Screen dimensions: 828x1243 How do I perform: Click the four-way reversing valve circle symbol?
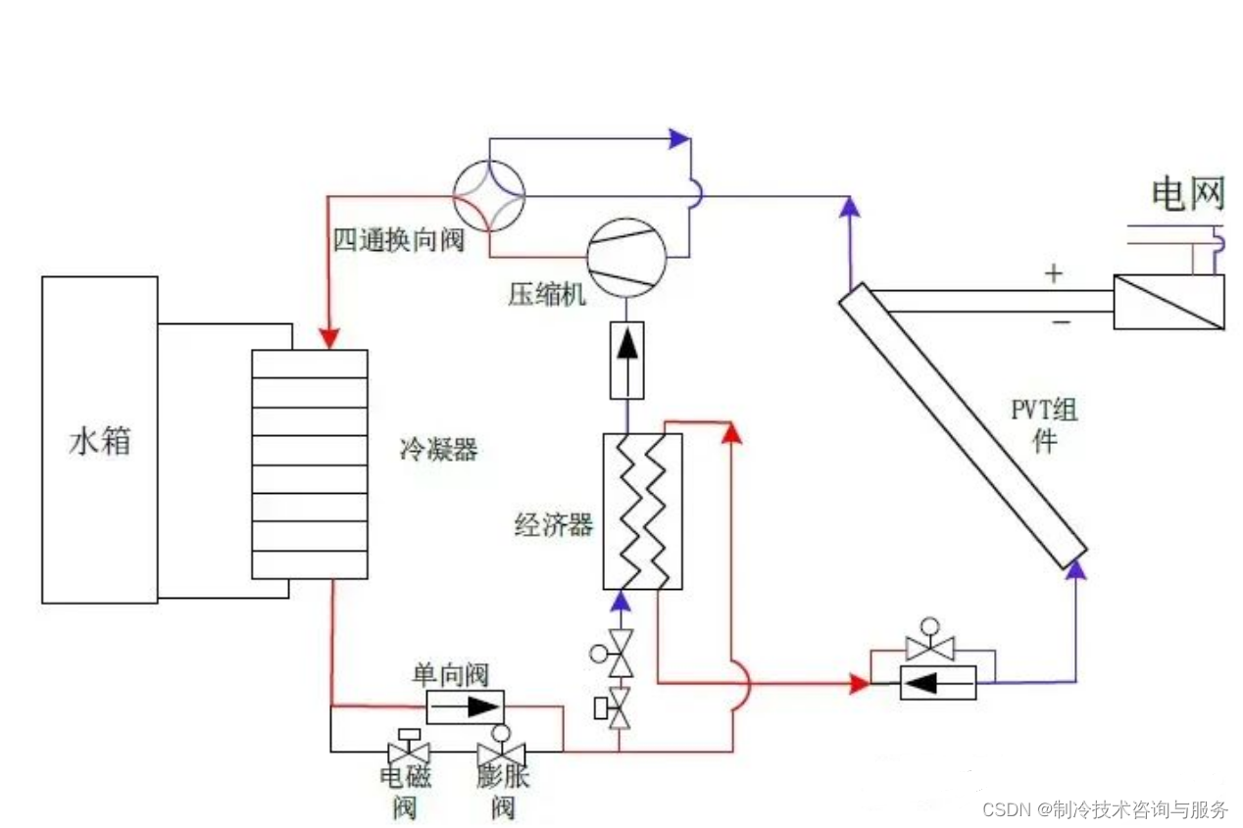point(489,196)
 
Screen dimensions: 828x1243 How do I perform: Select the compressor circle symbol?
point(626,258)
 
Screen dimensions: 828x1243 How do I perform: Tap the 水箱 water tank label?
point(99,442)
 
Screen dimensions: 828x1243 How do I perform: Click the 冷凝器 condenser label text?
point(438,450)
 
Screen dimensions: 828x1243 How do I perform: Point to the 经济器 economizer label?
point(554,525)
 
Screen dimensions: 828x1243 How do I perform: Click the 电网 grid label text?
point(1188,195)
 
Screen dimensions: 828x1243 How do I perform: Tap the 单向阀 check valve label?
point(450,674)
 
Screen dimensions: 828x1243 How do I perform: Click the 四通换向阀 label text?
point(398,240)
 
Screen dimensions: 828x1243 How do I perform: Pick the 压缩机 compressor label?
point(546,294)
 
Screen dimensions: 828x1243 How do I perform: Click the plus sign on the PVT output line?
point(1053,273)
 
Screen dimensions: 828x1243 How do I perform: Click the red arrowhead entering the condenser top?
point(329,337)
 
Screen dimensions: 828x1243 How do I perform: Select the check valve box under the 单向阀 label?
point(465,706)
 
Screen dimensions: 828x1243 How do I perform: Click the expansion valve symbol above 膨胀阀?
point(500,752)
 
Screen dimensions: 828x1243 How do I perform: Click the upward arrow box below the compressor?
point(626,360)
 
